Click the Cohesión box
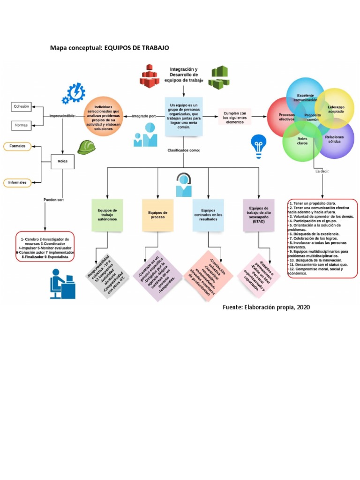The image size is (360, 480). point(21,107)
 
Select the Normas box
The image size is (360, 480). point(21,125)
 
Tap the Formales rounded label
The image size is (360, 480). point(17,146)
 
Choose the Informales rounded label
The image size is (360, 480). point(17,182)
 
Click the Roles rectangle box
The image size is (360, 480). point(62,161)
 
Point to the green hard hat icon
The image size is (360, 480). point(87,147)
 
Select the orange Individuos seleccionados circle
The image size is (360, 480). point(104,117)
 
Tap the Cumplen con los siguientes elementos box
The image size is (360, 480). point(234,117)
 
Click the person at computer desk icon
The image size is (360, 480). point(62,284)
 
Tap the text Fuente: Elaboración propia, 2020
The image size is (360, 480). point(266,307)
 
